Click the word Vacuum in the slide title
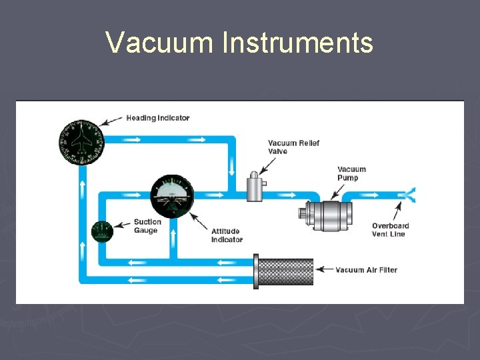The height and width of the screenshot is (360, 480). (161, 43)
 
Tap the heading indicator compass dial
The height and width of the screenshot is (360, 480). (81, 142)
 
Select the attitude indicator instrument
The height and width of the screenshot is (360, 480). (172, 195)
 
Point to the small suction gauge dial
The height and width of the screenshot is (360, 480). (102, 231)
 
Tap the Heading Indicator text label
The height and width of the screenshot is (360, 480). (158, 118)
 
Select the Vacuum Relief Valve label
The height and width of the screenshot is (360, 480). (293, 147)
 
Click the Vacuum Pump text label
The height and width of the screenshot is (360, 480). (351, 173)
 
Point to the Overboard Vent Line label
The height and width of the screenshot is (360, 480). (390, 230)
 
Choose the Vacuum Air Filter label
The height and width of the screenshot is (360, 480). (366, 270)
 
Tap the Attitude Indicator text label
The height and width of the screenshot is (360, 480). (227, 235)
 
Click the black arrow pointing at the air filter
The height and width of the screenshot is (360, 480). (324, 270)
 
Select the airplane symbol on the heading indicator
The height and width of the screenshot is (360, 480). (81, 139)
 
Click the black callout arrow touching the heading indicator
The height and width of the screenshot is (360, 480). (112, 121)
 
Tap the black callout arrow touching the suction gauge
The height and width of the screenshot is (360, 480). (122, 225)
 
